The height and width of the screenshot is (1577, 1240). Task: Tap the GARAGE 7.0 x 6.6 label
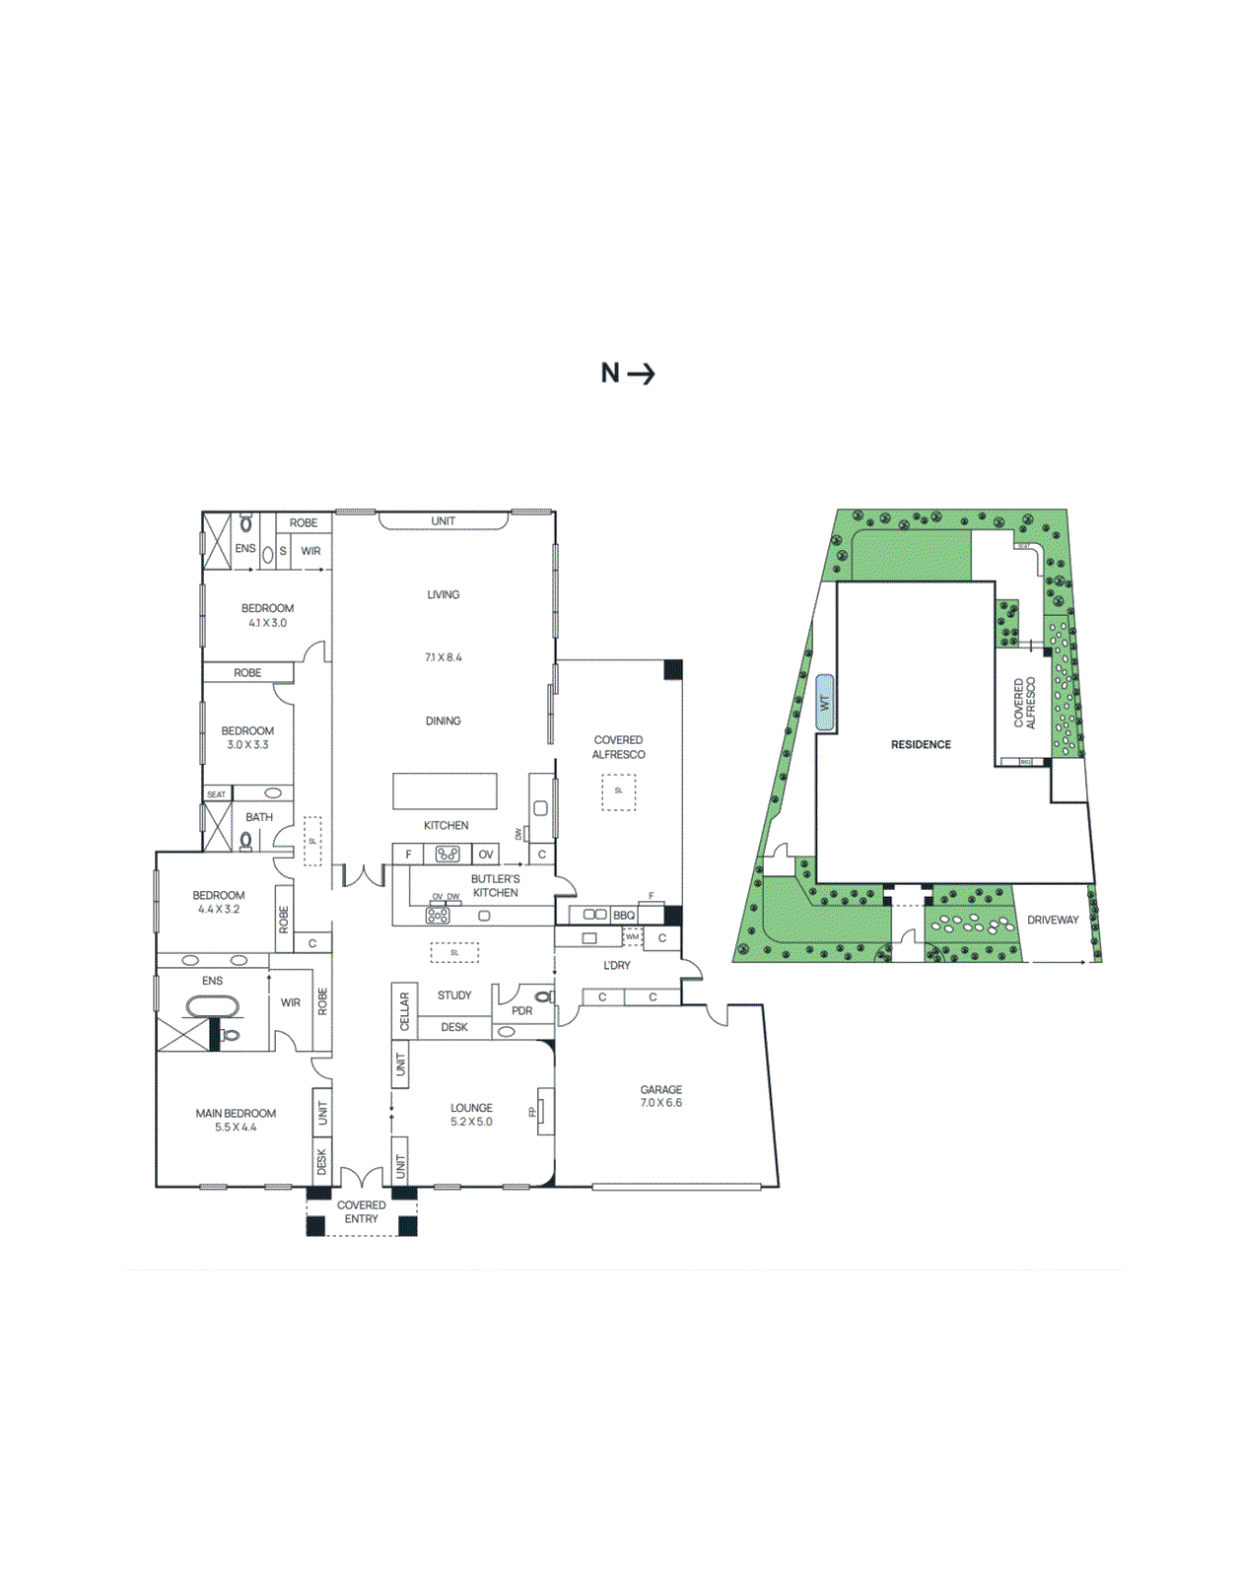tap(660, 1096)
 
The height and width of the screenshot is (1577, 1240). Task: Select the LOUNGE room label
tap(471, 1108)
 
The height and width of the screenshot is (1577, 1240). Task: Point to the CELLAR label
tap(403, 1011)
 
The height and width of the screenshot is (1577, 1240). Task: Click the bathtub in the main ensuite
tap(212, 1007)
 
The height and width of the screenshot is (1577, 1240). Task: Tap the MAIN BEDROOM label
tap(236, 1114)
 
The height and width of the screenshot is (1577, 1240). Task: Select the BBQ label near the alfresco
tap(624, 916)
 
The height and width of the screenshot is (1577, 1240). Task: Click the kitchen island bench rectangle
tap(445, 790)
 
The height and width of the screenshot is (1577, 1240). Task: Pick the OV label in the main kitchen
tap(486, 855)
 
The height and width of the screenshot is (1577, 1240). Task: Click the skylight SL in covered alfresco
tap(619, 791)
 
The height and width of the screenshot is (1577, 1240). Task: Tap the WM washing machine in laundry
tap(632, 936)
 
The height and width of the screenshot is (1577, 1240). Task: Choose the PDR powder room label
tap(521, 1011)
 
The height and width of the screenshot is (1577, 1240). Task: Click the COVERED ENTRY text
tap(362, 1212)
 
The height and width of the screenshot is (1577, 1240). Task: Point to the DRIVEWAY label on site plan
tap(1053, 920)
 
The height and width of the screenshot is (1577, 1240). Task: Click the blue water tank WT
tap(825, 703)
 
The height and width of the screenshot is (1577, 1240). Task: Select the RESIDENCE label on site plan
tap(921, 744)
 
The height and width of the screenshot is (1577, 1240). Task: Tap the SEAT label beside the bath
tap(216, 794)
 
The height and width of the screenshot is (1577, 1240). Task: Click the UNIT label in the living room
tap(444, 521)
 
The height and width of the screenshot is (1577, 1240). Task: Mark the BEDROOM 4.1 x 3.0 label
tap(267, 615)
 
